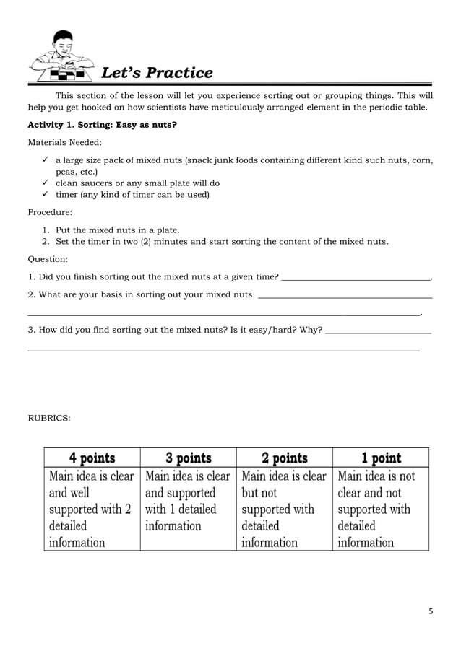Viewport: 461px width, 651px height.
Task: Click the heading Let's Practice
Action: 157,73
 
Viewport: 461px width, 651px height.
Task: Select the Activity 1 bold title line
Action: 102,125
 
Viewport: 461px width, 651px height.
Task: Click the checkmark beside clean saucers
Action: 46,183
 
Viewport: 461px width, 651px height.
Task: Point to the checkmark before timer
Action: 46,194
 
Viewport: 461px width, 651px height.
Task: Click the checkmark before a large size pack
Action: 46,160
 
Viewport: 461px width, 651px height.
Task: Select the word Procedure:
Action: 51,213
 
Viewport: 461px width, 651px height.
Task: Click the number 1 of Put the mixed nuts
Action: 45,230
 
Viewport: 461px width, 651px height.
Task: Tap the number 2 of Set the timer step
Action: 45,241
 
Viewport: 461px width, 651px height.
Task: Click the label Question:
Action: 48,258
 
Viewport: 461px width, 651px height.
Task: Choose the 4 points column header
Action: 92,458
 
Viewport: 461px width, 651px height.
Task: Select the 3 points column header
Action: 188,458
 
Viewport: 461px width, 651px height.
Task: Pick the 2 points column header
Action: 284,458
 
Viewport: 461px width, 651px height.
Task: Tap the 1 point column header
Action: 381,458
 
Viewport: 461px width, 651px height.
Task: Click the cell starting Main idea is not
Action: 381,509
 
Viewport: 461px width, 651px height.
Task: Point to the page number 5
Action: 431,611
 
